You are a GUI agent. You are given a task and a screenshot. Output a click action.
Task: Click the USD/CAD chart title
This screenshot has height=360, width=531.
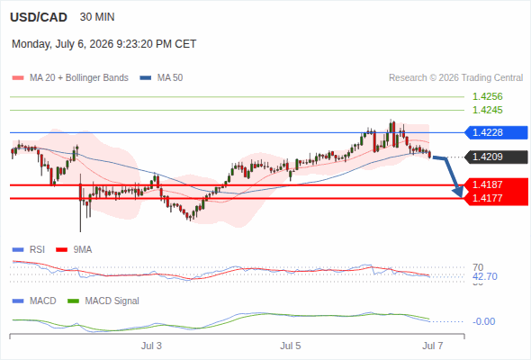(x=39, y=17)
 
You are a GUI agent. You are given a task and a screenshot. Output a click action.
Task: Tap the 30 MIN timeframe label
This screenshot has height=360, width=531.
(x=97, y=17)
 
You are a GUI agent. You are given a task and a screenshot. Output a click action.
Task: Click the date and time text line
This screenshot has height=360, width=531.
(x=104, y=44)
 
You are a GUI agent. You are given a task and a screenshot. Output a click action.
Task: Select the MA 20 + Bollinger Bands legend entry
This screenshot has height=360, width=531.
(x=70, y=78)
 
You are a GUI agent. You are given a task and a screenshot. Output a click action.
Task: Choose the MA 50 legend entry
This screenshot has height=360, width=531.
(x=161, y=78)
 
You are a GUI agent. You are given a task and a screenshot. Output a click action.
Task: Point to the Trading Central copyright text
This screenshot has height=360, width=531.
(x=455, y=78)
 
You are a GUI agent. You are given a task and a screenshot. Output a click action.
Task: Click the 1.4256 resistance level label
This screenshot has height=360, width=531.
(x=488, y=96)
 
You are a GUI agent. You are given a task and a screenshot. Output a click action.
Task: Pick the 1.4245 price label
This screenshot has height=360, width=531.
(x=488, y=110)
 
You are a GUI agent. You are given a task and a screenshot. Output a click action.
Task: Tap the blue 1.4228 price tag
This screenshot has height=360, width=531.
(x=496, y=132)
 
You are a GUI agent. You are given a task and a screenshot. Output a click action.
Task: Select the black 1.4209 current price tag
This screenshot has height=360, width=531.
(x=496, y=157)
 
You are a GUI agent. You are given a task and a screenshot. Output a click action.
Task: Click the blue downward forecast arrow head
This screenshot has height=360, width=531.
(x=458, y=192)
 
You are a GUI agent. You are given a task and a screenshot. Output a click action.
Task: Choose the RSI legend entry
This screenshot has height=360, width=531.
(x=29, y=250)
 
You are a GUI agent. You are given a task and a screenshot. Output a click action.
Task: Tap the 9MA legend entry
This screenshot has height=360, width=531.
(x=74, y=250)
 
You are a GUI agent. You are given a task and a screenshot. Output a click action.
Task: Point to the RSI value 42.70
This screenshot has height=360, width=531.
(x=485, y=276)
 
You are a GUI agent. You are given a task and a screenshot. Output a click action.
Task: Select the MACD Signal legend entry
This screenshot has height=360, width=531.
(x=103, y=301)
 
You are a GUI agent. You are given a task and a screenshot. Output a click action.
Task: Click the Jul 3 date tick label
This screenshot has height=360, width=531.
(x=151, y=346)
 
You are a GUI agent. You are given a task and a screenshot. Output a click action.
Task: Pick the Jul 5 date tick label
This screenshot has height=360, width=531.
(x=290, y=346)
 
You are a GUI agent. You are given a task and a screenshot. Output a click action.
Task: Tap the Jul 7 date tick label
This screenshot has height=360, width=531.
(x=433, y=346)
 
